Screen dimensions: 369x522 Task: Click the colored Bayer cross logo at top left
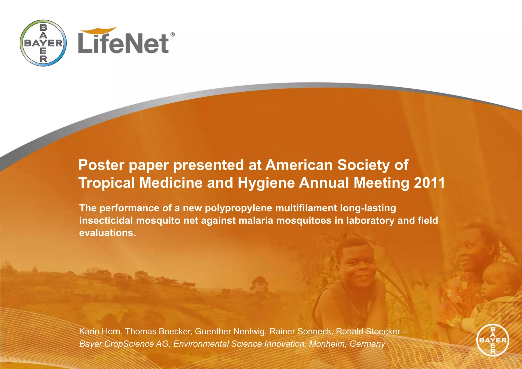pos(43,43)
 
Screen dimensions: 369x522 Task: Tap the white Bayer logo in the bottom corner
pos(492,340)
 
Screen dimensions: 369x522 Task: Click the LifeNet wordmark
pos(123,43)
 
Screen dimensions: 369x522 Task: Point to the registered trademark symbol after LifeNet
pos(172,35)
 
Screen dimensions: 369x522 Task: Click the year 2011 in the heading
pos(429,183)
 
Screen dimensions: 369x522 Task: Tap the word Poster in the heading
pos(101,165)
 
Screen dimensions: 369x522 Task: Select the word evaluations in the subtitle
pos(108,233)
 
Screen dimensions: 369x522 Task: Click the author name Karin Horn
pos(100,331)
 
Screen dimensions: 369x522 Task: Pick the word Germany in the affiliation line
pos(367,344)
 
